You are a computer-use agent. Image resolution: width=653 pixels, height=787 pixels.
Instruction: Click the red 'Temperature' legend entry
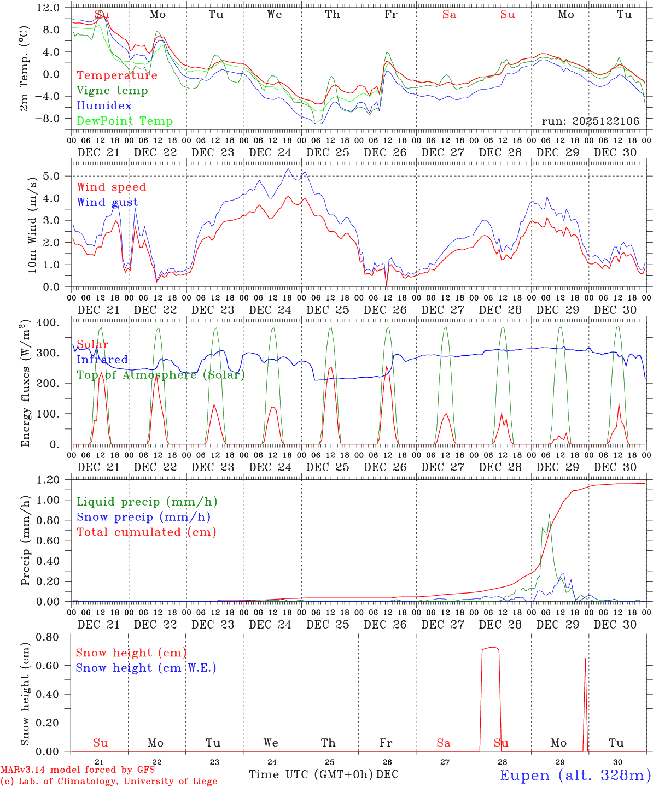coord(117,75)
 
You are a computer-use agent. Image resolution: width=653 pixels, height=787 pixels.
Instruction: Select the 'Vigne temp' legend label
coord(112,91)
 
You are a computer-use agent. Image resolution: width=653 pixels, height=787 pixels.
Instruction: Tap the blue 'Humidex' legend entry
coord(104,106)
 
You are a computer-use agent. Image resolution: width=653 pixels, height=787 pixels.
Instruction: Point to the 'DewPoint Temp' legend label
coord(125,121)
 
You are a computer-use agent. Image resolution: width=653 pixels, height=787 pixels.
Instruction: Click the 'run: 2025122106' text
coord(590,121)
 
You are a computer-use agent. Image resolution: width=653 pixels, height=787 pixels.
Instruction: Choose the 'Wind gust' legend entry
coord(107,202)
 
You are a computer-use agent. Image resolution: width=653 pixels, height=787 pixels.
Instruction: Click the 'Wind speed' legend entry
coord(112,187)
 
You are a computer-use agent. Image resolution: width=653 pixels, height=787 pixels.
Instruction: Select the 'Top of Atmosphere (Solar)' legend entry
coord(161,375)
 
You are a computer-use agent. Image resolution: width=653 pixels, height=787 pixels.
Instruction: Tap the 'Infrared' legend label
coord(102,360)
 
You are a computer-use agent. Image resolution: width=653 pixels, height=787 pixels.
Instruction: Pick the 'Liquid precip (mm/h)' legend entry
coord(147,502)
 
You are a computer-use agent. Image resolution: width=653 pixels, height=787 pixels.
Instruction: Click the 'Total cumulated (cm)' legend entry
coord(147,532)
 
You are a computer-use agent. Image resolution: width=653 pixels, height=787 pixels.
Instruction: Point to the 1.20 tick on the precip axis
coord(49,480)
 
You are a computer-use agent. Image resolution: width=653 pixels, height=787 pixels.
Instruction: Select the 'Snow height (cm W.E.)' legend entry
coord(146,668)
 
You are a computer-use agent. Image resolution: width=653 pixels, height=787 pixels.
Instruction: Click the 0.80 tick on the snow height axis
coord(49,637)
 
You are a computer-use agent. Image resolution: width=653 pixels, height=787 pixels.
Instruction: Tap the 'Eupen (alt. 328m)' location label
coord(575,775)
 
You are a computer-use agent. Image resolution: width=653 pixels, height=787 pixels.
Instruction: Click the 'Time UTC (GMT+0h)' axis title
coord(311,774)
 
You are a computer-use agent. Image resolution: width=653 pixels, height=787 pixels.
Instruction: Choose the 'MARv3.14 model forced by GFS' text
coord(78,770)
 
